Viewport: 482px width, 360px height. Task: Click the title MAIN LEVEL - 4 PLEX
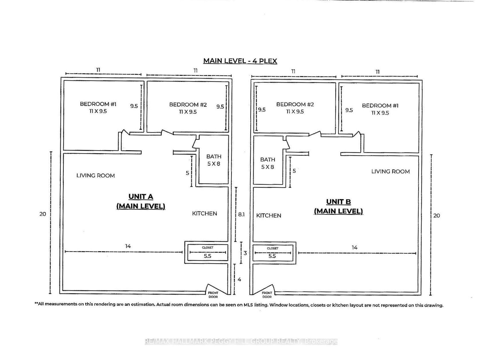(240, 61)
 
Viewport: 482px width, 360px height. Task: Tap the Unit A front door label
(213, 295)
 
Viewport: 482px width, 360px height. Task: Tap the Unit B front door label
(267, 295)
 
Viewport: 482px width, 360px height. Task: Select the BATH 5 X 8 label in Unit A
(214, 160)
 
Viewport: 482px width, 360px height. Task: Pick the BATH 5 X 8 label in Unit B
(267, 163)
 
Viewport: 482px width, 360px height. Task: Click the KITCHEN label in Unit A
(205, 214)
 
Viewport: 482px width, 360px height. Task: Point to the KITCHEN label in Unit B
(269, 216)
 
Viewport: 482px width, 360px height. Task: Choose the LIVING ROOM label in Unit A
(96, 175)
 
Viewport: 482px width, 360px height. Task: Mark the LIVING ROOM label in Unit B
(390, 171)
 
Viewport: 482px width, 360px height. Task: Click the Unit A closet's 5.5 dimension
(207, 256)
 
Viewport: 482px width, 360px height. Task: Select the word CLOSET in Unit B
(273, 248)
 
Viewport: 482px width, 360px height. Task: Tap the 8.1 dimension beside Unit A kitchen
(241, 214)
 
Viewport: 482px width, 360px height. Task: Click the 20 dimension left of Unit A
(42, 214)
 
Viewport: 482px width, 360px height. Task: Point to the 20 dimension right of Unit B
(437, 216)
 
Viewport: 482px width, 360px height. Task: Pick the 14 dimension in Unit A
(128, 246)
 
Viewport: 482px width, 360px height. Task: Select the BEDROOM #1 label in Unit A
(98, 107)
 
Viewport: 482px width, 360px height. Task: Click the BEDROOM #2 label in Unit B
(295, 108)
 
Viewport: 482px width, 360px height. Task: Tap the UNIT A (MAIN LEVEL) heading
(141, 202)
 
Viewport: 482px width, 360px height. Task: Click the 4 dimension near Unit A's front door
(239, 280)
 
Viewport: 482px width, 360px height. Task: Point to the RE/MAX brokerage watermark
(241, 341)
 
